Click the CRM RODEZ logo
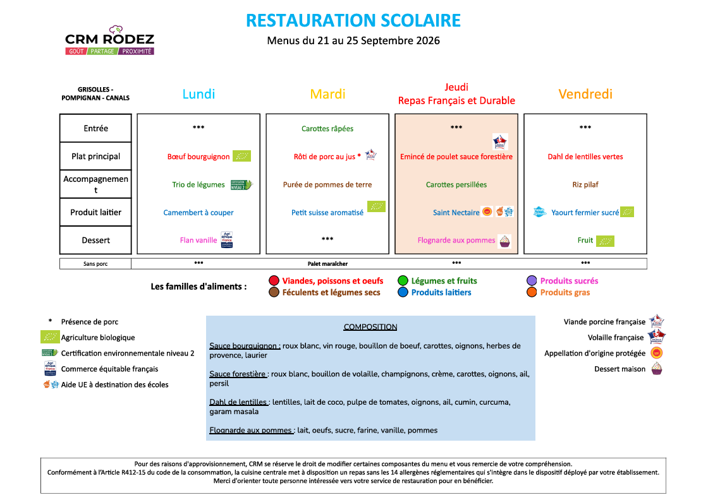point(110,40)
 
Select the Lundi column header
point(198,94)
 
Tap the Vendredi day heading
point(585,94)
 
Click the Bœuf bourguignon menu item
point(198,157)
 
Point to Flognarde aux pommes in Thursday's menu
point(456,241)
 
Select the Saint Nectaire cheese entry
point(456,212)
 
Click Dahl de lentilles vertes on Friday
point(585,157)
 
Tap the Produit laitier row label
point(95,212)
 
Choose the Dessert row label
point(95,241)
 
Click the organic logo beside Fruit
point(605,241)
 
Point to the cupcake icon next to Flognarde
point(505,241)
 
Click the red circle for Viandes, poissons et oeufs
point(274,280)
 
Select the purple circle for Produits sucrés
point(532,280)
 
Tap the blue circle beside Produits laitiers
point(403,292)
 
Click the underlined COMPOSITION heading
point(370,327)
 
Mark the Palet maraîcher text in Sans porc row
point(328,264)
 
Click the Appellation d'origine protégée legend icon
point(657,353)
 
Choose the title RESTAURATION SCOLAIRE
point(353,20)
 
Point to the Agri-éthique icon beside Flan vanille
point(227,240)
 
